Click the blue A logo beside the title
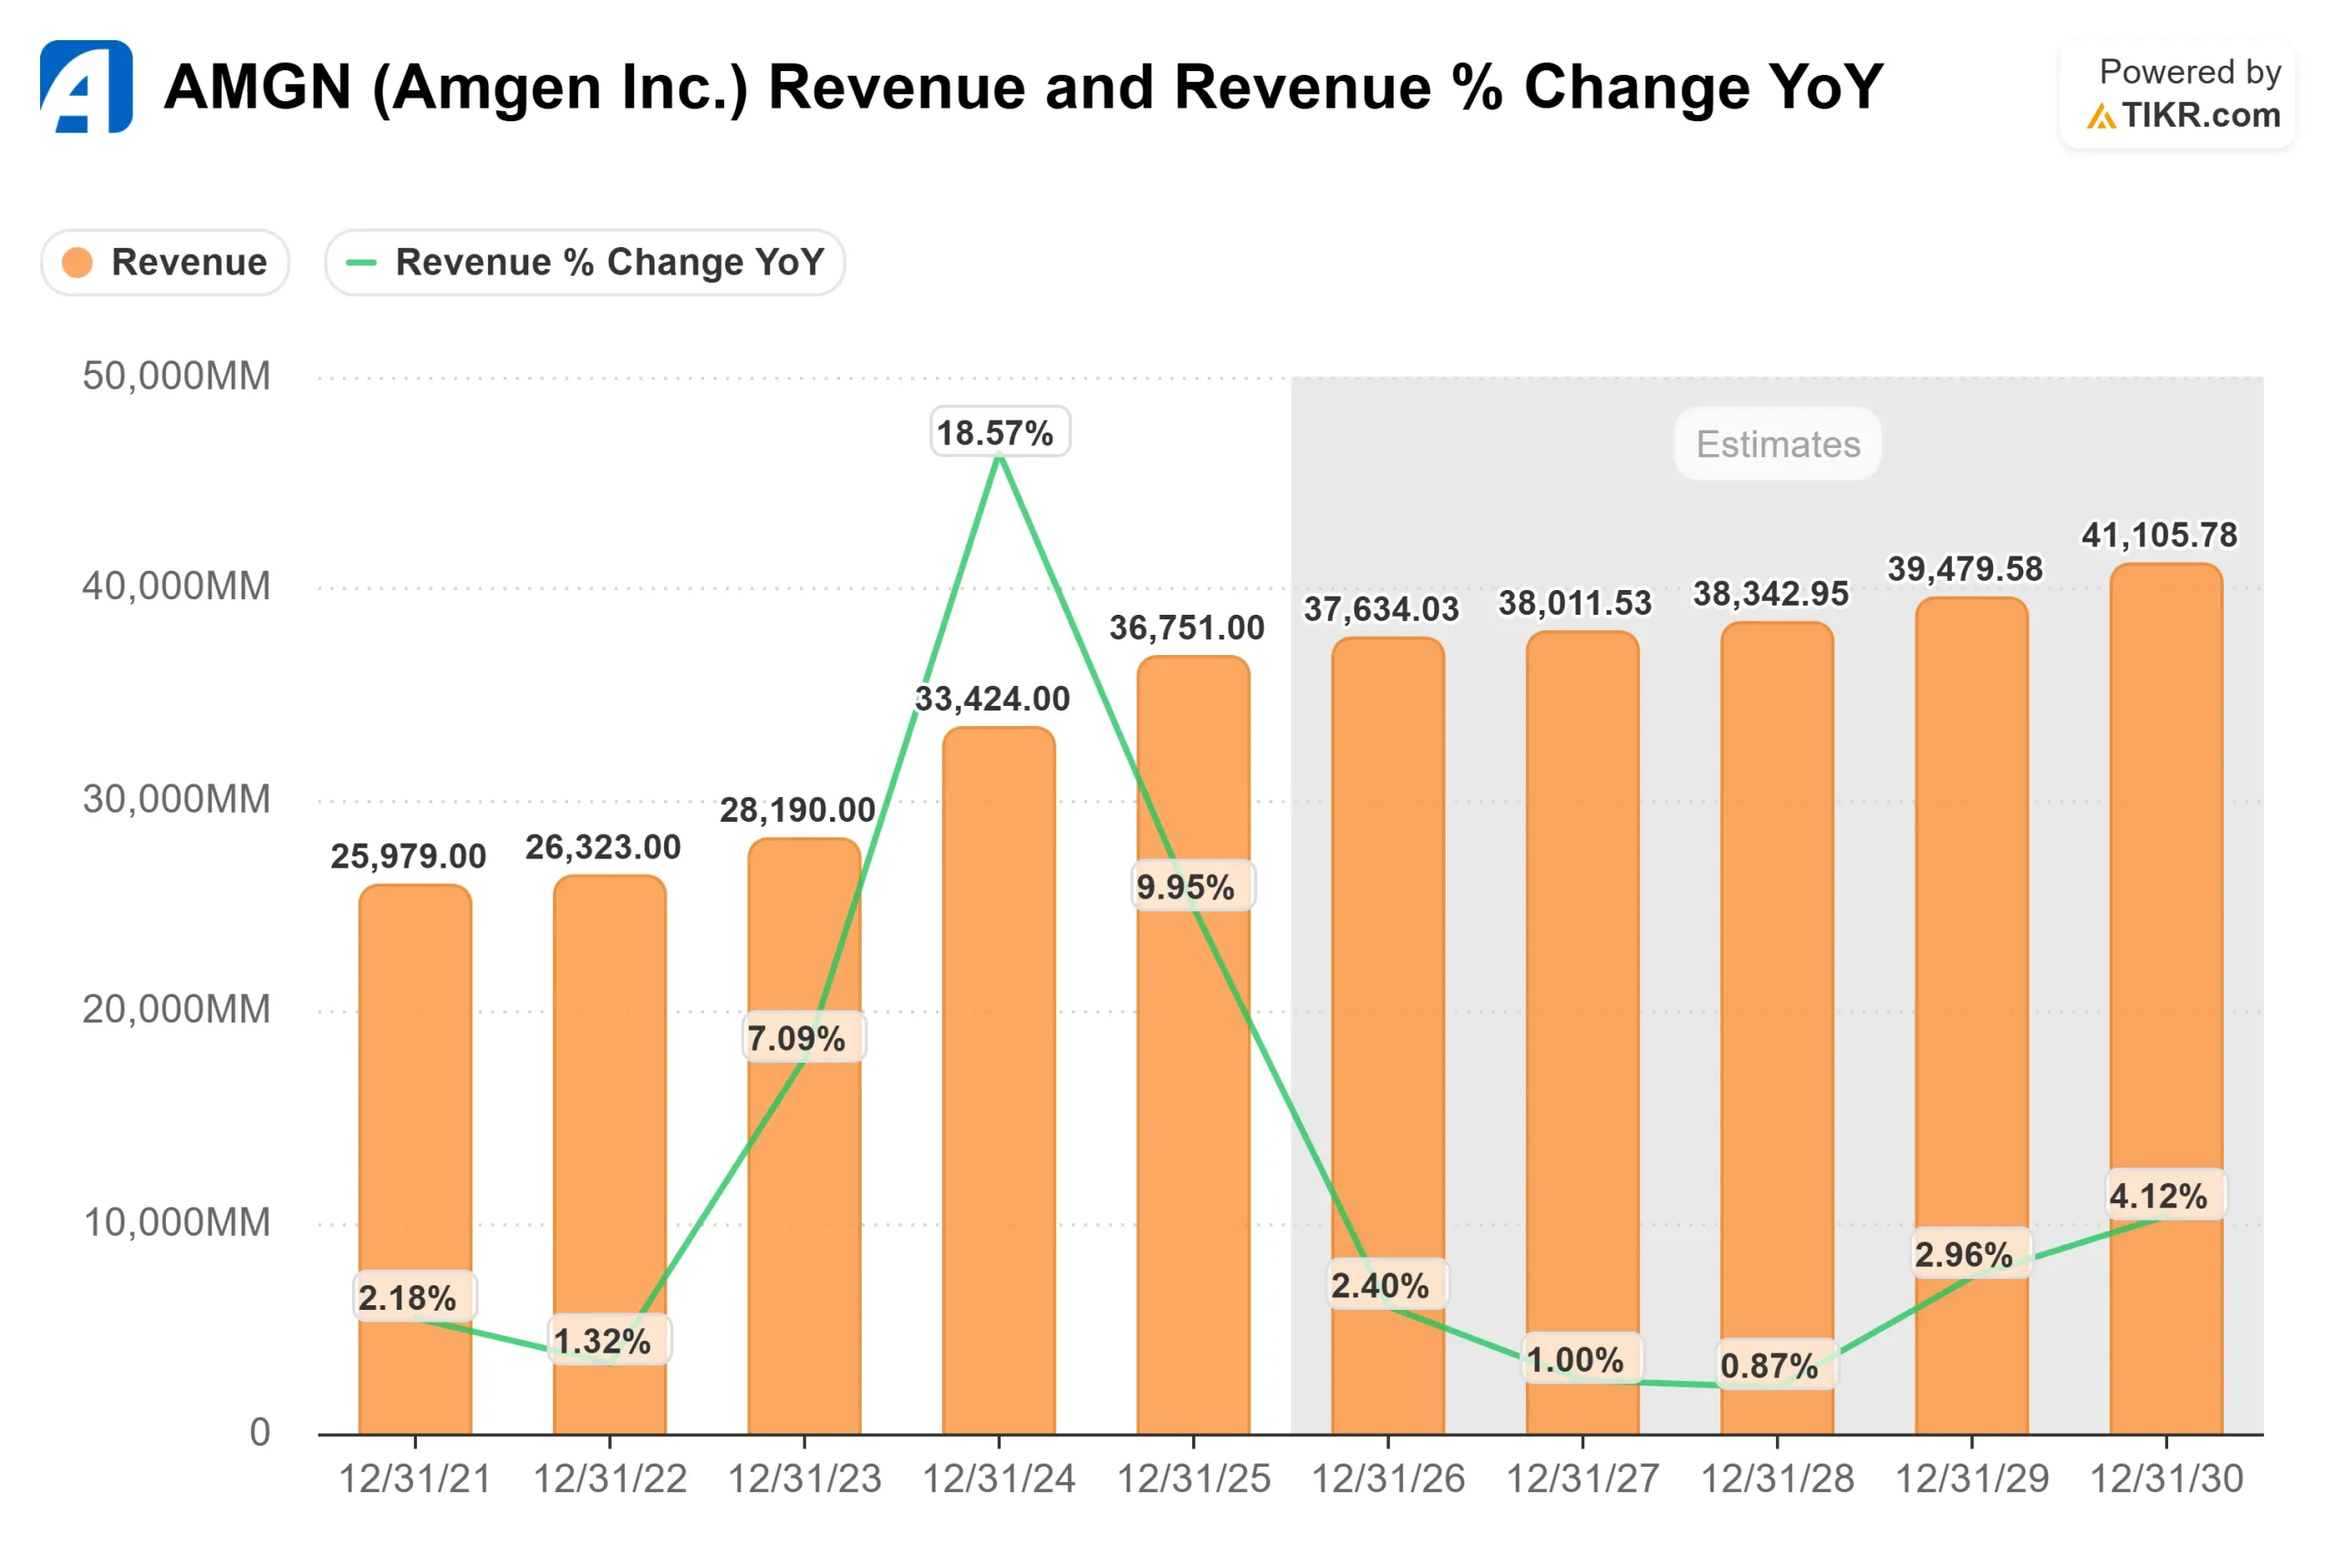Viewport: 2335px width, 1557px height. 87,87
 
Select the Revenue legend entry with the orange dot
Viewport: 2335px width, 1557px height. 165,262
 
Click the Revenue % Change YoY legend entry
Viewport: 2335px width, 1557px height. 585,262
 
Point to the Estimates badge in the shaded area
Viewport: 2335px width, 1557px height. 1777,444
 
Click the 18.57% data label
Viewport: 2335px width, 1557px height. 999,432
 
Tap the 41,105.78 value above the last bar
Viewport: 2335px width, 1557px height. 2158,535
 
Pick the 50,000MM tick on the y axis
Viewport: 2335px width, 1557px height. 176,377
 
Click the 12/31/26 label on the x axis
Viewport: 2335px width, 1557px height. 1388,1479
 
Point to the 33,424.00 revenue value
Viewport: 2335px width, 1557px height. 991,698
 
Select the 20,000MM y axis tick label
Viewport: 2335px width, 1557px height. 176,1009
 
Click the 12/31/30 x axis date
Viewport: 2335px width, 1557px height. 2165,1479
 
